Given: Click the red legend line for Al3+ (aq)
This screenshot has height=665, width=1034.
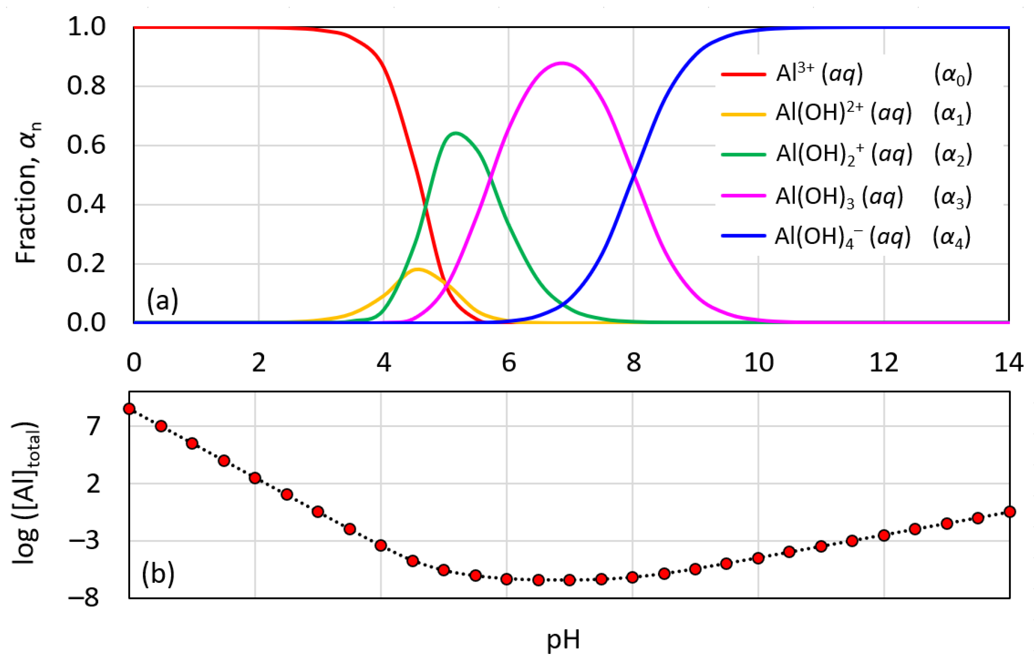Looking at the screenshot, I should tap(743, 74).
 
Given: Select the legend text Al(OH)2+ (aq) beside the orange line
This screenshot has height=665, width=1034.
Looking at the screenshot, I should tap(843, 113).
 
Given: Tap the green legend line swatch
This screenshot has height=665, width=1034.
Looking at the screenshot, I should tap(743, 154).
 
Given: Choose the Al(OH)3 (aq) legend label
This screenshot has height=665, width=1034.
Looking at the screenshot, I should tap(839, 197).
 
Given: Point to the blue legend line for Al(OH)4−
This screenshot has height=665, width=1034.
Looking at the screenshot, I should tap(743, 236).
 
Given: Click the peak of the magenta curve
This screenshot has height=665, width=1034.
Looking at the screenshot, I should tap(561, 63).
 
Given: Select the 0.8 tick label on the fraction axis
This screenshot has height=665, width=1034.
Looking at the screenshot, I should tap(86, 85).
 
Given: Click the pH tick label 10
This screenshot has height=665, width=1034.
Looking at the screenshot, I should tap(758, 362).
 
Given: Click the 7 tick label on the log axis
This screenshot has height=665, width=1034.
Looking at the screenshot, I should tap(93, 426).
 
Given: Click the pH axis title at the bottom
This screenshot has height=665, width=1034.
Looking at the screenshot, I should tap(563, 640).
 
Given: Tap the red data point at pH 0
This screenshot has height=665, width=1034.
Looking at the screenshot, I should tap(129, 408).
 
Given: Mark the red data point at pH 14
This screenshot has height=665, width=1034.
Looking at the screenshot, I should tap(1009, 512).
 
